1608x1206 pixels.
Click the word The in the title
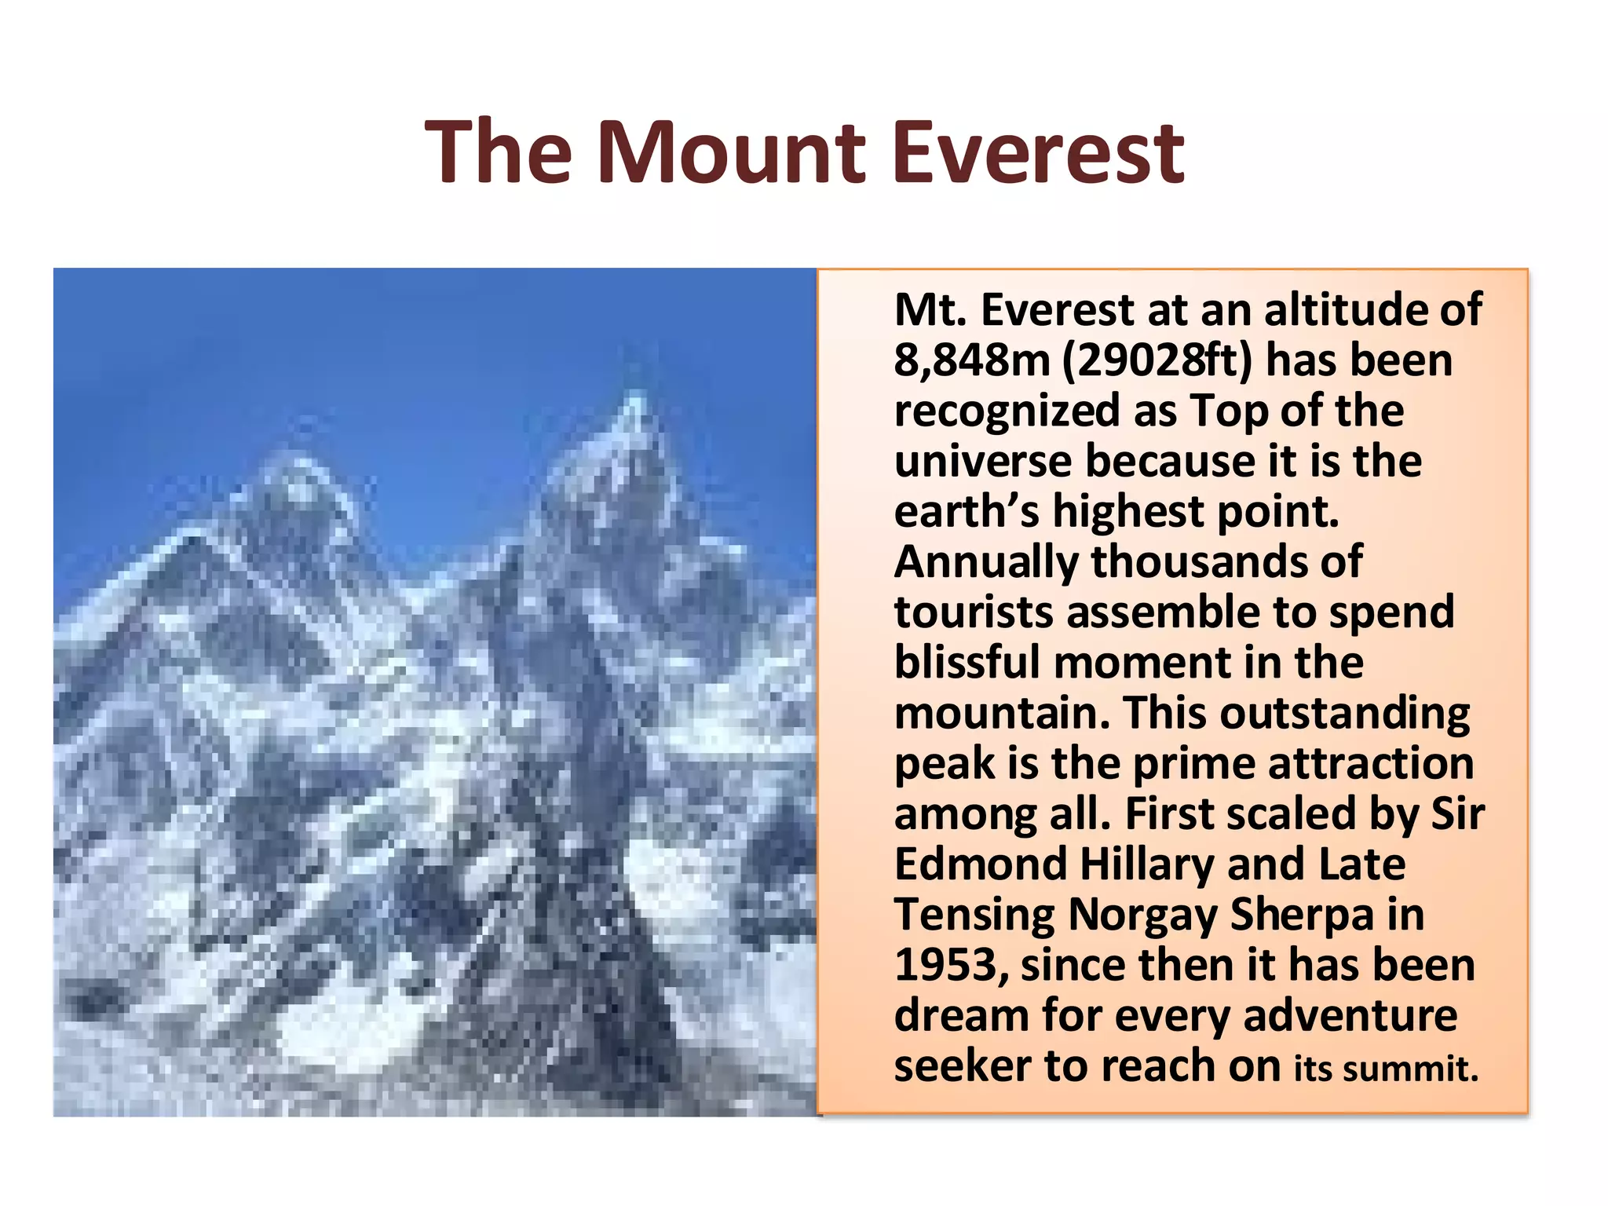499,153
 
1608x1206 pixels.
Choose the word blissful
967,662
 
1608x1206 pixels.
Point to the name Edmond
980,864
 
